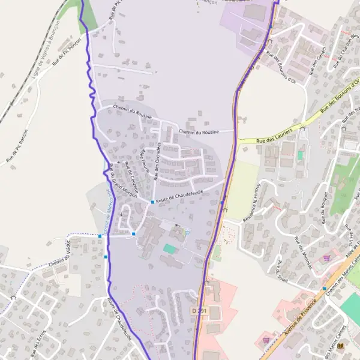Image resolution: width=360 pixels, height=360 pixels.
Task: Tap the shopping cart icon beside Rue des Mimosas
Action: pos(326,258)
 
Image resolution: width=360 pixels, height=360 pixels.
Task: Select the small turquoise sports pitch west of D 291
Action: pos(170,248)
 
